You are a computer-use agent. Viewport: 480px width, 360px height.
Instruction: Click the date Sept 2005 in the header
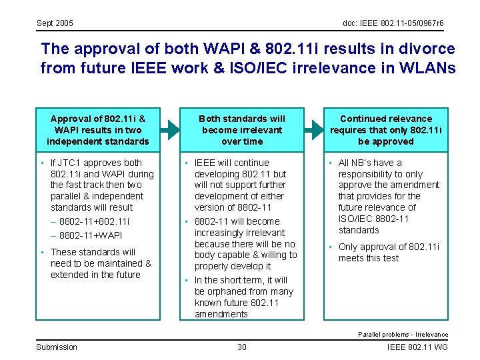[x=55, y=23]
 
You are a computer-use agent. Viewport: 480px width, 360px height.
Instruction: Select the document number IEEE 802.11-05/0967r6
[x=393, y=23]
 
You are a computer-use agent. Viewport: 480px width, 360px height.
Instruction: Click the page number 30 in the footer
[x=242, y=347]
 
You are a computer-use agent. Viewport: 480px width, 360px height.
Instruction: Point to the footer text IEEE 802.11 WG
[x=417, y=347]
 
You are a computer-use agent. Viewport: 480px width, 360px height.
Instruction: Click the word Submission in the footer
[x=57, y=347]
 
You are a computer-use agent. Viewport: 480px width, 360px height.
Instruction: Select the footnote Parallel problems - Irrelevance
[x=403, y=334]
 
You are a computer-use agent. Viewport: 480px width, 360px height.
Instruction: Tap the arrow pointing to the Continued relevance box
[x=313, y=130]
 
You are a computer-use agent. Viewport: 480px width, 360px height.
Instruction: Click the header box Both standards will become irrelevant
[x=242, y=130]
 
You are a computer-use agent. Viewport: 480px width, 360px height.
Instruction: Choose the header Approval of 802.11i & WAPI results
[x=98, y=130]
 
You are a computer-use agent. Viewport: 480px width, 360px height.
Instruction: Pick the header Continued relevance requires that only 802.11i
[x=386, y=130]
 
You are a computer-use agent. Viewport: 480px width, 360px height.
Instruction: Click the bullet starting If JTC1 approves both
[x=101, y=185]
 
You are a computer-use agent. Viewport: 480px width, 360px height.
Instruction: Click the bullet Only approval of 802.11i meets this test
[x=389, y=252]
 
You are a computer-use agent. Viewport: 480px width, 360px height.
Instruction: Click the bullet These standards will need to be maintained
[x=101, y=263]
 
